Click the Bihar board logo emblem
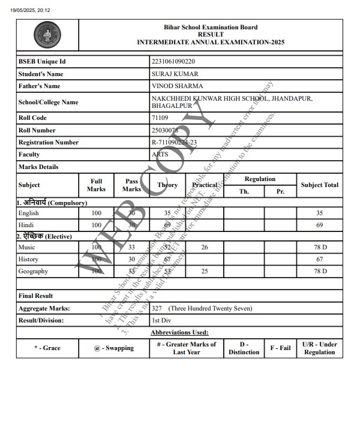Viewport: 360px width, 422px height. tap(47, 35)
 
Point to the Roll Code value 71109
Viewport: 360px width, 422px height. tap(160, 118)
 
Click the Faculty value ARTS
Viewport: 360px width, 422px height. tap(161, 155)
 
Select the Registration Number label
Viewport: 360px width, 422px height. tap(49, 143)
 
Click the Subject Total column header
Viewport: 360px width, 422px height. tap(320, 185)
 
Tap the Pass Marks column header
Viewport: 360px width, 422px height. tap(131, 185)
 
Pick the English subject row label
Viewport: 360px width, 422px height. tap(29, 213)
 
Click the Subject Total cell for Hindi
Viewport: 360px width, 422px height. tap(320, 225)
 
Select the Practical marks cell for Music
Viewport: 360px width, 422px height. tap(205, 248)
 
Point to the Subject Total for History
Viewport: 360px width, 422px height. tap(320, 260)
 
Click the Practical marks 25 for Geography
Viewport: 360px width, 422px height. tap(205, 272)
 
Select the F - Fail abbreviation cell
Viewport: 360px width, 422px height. tap(280, 348)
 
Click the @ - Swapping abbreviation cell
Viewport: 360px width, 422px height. tap(114, 348)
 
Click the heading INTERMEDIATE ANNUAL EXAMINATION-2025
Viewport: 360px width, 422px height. tap(211, 43)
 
